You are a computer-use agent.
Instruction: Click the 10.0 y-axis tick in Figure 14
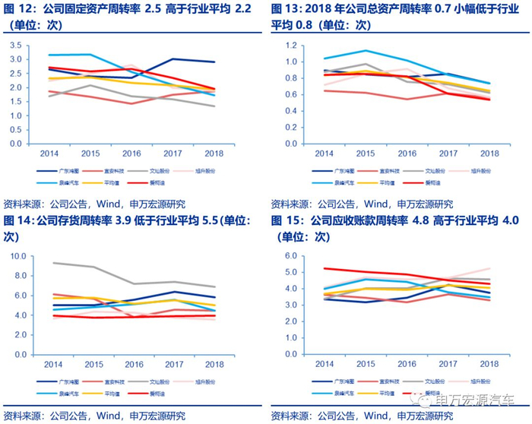pyautogui.click(x=17, y=255)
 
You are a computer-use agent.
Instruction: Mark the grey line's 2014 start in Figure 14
pyautogui.click(x=52, y=263)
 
